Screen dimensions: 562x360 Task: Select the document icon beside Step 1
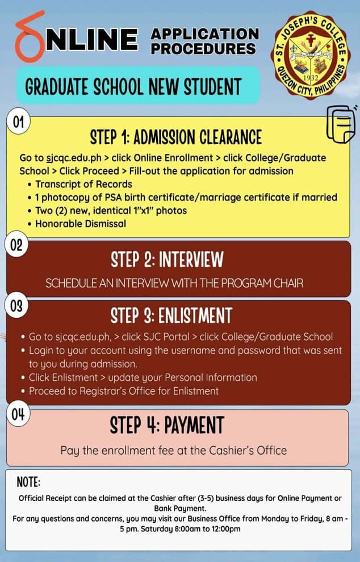pyautogui.click(x=340, y=123)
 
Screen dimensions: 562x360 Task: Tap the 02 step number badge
pyautogui.click(x=18, y=246)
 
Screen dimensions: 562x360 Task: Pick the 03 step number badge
pyautogui.click(x=18, y=306)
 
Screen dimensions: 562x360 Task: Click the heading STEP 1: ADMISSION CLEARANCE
pyautogui.click(x=176, y=137)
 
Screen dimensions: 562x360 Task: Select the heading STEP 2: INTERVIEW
pyautogui.click(x=167, y=260)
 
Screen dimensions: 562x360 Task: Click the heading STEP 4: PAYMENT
pyautogui.click(x=167, y=425)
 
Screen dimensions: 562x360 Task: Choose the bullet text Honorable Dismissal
pyautogui.click(x=81, y=223)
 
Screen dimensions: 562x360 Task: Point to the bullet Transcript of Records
pyautogui.click(x=83, y=184)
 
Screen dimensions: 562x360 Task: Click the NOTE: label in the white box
pyautogui.click(x=28, y=483)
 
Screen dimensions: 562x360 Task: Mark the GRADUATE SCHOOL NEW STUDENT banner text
pyautogui.click(x=133, y=87)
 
